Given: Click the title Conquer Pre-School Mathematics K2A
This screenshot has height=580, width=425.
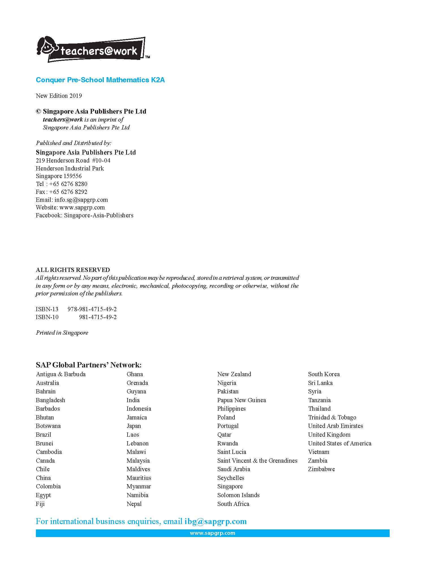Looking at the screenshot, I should point(100,80).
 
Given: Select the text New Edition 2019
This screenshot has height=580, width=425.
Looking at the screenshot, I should point(59,96).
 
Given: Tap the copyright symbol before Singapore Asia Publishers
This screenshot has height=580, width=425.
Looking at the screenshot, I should point(38,111).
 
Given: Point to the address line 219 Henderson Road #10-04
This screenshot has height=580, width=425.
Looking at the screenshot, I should point(73,161).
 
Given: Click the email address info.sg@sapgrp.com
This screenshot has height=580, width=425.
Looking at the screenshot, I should point(81,200).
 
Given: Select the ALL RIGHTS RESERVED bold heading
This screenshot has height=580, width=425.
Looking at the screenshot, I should point(73,270).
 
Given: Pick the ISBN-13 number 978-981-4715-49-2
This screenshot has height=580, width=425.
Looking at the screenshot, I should point(92,309).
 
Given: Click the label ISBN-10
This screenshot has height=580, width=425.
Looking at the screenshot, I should point(47,317).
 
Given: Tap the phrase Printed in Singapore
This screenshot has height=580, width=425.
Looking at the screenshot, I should point(62,333).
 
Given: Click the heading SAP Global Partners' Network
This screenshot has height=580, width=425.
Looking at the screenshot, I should point(89,365).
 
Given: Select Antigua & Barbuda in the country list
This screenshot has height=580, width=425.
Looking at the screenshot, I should point(61,374).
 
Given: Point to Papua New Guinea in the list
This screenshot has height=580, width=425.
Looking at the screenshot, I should point(241,400).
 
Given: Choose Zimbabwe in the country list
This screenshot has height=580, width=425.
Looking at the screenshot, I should point(321,469).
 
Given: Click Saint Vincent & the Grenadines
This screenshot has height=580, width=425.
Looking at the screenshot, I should point(257,461).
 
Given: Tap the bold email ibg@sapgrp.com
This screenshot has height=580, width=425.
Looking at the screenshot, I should point(215,521).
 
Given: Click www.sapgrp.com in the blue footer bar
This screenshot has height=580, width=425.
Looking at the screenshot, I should point(212,533).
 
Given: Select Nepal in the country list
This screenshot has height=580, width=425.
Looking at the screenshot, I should point(134,504).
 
